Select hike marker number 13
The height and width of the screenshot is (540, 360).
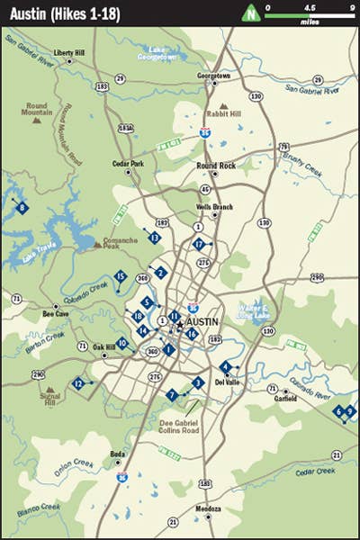pyautogui.click(x=155, y=238)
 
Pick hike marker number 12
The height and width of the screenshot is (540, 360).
pyautogui.click(x=79, y=384)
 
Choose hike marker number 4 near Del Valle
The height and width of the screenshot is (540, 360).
pyautogui.click(x=225, y=366)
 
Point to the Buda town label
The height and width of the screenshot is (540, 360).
pyautogui.click(x=117, y=454)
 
